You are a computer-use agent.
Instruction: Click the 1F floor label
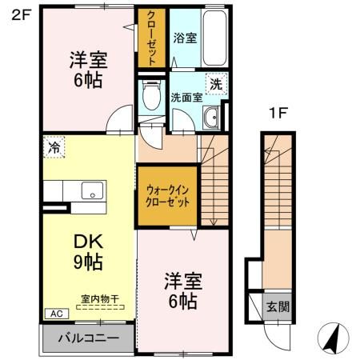pyautogui.click(x=278, y=114)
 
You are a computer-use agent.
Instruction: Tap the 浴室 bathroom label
pyautogui.click(x=185, y=38)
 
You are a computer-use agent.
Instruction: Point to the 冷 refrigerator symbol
pyautogui.click(x=54, y=147)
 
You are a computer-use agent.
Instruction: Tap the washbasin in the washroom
pyautogui.click(x=211, y=119)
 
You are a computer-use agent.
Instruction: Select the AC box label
pyautogui.click(x=57, y=313)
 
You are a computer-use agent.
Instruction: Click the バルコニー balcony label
pyautogui.click(x=87, y=337)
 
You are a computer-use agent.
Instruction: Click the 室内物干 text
pyautogui.click(x=99, y=299)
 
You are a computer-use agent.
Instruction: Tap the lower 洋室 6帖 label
pyautogui.click(x=183, y=291)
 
